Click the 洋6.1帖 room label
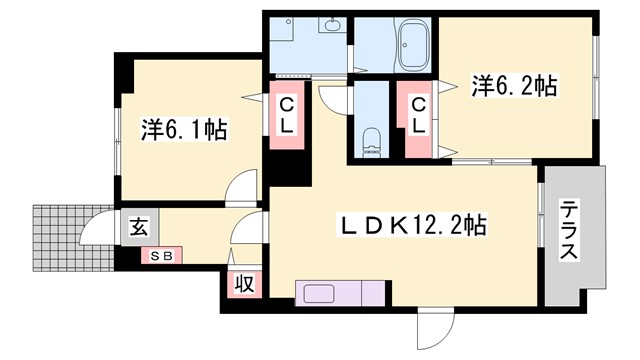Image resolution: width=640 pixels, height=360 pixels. coord(182,129)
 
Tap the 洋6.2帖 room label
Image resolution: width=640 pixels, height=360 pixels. coord(514,88)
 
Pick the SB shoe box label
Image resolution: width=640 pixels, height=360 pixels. coord(161,255)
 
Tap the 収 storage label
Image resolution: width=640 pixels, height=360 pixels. coord(243,283)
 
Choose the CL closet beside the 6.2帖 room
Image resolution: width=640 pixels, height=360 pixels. coord(418,115)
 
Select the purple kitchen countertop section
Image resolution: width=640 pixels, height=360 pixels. coord(363,294)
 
